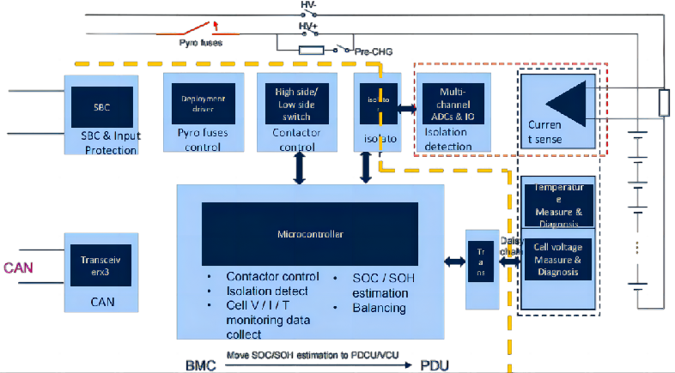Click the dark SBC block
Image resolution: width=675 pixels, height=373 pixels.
point(102,107)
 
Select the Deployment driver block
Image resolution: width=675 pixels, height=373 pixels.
point(197,103)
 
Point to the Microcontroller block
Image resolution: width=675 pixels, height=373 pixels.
point(309,233)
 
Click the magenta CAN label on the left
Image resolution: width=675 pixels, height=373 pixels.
point(20,268)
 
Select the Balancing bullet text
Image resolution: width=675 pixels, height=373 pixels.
point(378,307)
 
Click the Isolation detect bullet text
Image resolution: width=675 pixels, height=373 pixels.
point(267,292)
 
